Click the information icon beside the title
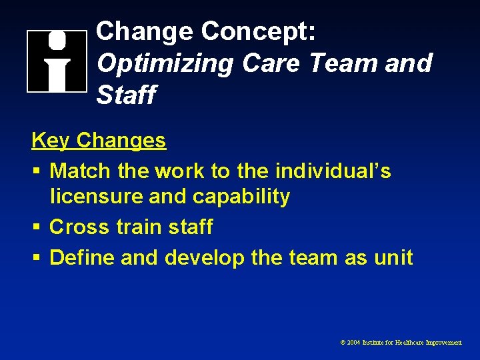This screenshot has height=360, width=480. point(57,61)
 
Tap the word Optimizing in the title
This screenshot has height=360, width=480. point(164,64)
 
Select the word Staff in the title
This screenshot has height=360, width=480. point(126,95)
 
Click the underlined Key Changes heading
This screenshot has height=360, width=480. point(99,141)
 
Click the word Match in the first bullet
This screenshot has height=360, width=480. point(80,171)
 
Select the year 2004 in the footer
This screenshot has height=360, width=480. point(353,342)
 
